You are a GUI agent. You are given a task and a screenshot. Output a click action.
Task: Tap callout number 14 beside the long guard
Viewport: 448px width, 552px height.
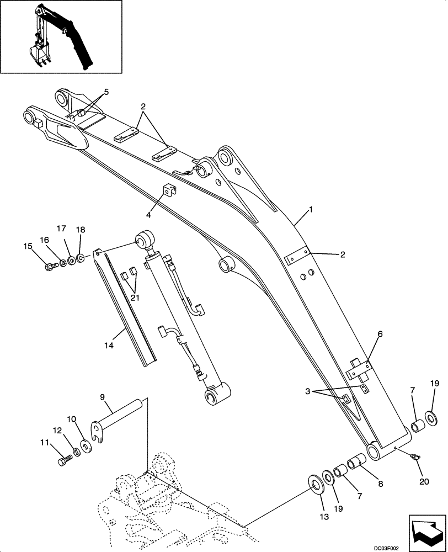coord(109,346)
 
